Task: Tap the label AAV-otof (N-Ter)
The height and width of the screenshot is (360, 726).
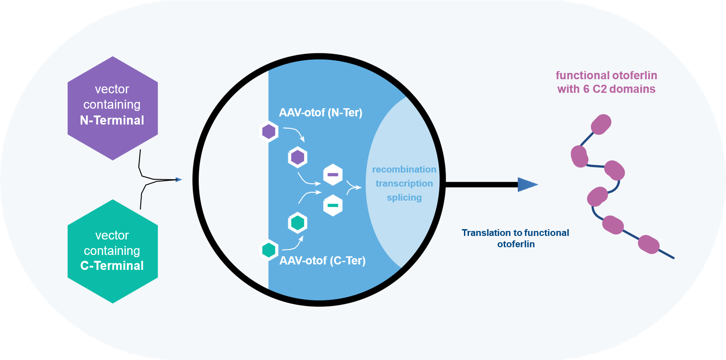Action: [x=320, y=112]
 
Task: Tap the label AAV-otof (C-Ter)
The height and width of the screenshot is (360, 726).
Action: [x=322, y=260]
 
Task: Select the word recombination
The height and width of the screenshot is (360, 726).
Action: [x=404, y=169]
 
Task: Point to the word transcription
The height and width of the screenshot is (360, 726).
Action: [x=404, y=183]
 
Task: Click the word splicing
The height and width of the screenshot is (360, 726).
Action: [x=404, y=197]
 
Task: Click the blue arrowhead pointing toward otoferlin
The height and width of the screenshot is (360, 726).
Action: [x=527, y=184]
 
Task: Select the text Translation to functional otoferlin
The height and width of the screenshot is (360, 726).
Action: [x=516, y=238]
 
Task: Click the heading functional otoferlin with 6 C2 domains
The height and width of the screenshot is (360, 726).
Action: [x=606, y=82]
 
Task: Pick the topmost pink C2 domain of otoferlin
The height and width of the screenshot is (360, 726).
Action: [x=601, y=124]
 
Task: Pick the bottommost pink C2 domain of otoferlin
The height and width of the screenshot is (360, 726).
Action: [x=648, y=245]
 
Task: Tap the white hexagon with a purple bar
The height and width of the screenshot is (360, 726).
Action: [x=333, y=175]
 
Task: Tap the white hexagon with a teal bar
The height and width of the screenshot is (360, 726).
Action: [x=333, y=205]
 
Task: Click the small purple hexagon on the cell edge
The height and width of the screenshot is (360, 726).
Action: [x=269, y=132]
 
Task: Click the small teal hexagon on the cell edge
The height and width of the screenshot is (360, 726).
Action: [x=269, y=250]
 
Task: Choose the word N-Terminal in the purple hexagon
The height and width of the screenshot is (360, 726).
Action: [x=112, y=120]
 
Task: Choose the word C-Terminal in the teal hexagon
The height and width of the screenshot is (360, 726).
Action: [x=112, y=266]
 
